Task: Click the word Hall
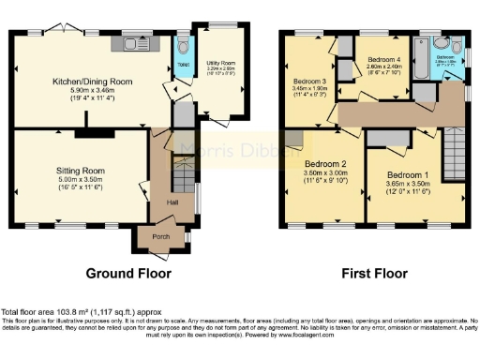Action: coord(172,202)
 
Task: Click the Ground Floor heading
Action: coord(128,274)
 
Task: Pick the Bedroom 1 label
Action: coord(408,175)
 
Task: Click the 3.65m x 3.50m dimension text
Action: coord(408,186)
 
